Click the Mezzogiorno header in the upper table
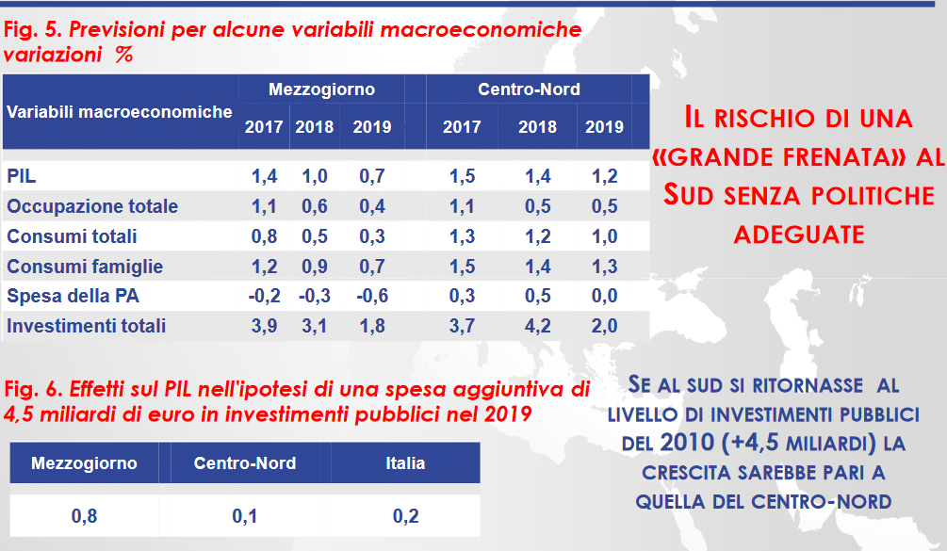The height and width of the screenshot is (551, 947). pos(321,90)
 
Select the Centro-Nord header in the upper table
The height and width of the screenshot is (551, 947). pos(529,90)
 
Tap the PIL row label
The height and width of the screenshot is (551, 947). pos(22,176)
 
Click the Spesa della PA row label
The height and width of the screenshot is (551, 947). pos(73,296)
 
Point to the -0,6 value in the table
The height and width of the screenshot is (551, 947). pos(371,296)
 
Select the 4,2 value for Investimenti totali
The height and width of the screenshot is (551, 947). pos(537,326)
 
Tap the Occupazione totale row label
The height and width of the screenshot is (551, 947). pos(92,206)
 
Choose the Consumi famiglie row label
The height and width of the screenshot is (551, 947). pos(85,267)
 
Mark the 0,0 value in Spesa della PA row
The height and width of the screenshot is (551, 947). pos(604,296)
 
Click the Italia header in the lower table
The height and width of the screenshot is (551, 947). pos(405,463)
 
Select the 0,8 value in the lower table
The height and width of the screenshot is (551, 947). pos(84,516)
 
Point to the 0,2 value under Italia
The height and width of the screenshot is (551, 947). pos(405,516)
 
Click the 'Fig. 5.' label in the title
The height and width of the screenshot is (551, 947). pos(32,30)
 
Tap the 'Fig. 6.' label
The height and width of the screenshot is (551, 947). pos(32,389)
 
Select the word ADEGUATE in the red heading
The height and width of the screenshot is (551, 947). pos(799,233)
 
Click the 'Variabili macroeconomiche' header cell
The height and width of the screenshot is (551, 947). pos(120,111)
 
